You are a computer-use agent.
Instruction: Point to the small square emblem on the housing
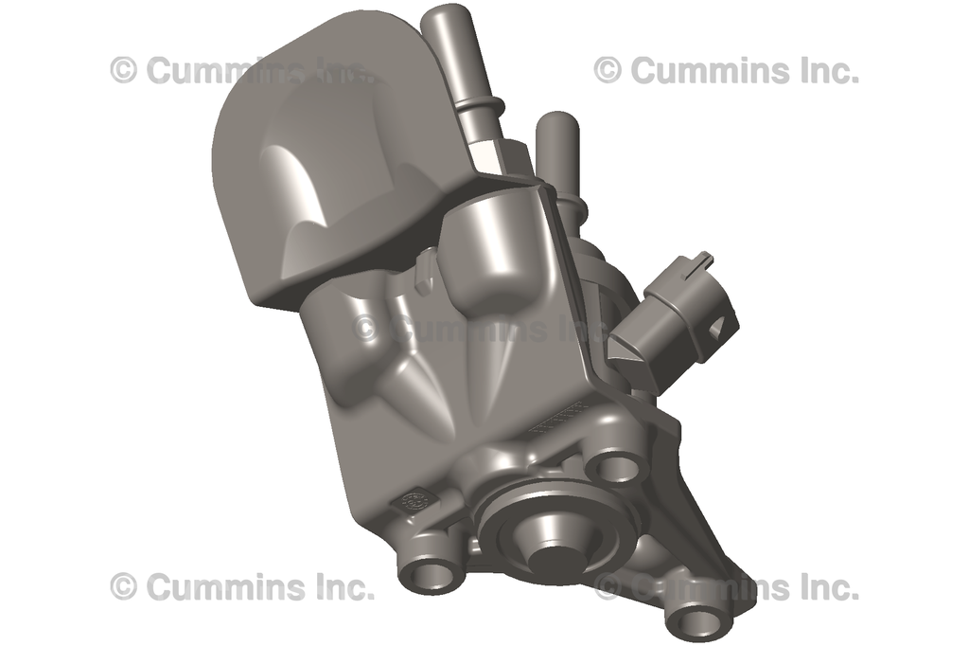point(414,502)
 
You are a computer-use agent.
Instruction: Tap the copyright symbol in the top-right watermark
point(608,70)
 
